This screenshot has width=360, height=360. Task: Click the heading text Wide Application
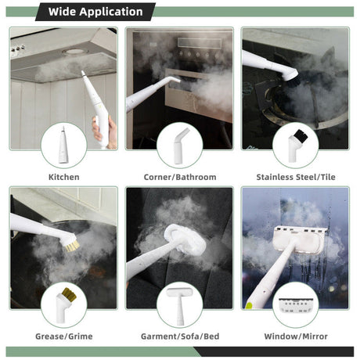coord(95,12)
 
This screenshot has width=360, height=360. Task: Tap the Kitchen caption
coord(64,177)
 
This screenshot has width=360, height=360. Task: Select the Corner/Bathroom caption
coord(180,177)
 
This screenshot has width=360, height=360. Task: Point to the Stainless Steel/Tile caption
coord(296,177)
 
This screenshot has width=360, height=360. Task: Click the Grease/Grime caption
coord(64,337)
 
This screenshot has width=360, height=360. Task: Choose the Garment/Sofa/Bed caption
coord(180,337)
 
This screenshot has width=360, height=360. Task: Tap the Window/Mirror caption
coord(296,337)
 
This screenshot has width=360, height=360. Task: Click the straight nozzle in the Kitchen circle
coord(63,145)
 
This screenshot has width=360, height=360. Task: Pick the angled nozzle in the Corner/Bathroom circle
coord(181,146)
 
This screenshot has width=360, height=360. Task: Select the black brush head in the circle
coord(296,146)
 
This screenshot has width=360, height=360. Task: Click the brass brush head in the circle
coord(66,305)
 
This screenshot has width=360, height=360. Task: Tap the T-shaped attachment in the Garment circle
coord(180,306)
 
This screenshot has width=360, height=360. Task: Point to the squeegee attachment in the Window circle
coord(296,305)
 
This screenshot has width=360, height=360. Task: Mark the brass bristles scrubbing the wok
coord(72,247)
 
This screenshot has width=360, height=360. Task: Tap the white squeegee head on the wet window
coord(299,240)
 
